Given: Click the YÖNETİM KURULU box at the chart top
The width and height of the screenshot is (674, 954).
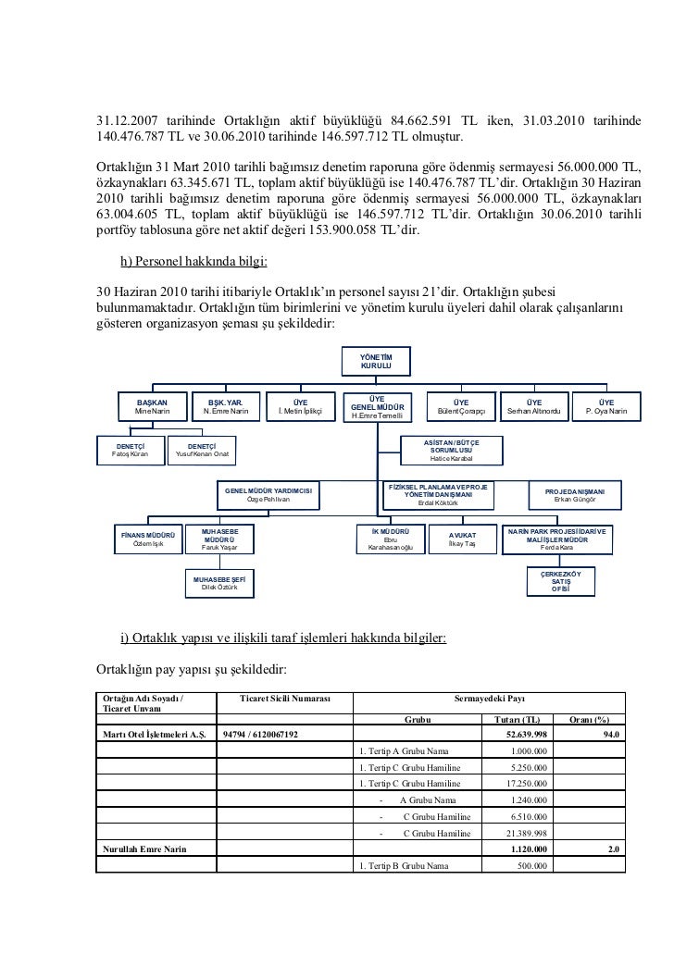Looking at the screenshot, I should point(377,363).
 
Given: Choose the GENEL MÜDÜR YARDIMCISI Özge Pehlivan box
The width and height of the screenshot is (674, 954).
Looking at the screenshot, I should point(268,494).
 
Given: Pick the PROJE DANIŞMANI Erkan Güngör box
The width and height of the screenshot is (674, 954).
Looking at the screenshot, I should point(575,494).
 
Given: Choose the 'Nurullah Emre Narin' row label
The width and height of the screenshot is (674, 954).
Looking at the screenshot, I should point(143,850).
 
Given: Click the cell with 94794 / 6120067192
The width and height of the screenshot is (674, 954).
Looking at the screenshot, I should point(260,735).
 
